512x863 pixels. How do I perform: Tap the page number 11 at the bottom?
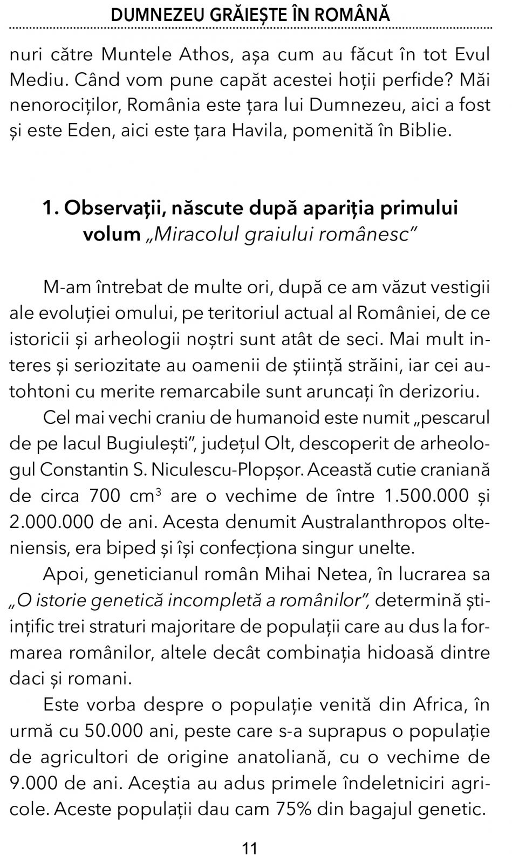[x=250, y=848]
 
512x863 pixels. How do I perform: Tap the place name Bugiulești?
[x=149, y=443]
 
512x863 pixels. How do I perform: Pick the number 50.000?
[x=111, y=731]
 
